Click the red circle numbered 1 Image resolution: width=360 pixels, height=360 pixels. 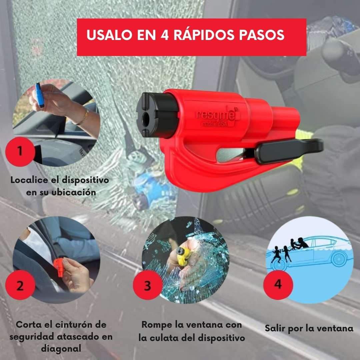point(20,152)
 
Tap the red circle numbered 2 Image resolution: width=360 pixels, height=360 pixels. point(20,285)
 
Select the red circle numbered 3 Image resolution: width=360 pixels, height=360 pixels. point(148,285)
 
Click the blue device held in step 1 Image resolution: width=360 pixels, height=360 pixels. point(40,95)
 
